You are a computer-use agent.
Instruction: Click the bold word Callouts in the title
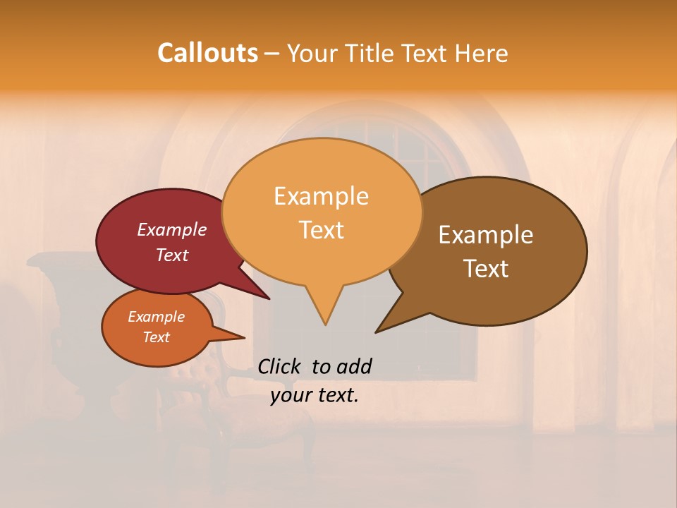pyautogui.click(x=207, y=53)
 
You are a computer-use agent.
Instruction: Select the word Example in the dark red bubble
pyautogui.click(x=172, y=229)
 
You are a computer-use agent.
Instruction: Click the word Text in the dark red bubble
pyautogui.click(x=172, y=255)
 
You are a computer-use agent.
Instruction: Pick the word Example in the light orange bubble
pyautogui.click(x=321, y=195)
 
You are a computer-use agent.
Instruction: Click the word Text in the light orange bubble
pyautogui.click(x=321, y=230)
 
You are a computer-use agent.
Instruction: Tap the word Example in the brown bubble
pyautogui.click(x=486, y=234)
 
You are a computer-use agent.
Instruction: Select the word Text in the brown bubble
pyautogui.click(x=486, y=269)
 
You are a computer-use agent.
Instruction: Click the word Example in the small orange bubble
pyautogui.click(x=156, y=317)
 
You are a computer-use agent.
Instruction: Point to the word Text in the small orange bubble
pyautogui.click(x=156, y=337)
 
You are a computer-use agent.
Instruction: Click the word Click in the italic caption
pyautogui.click(x=281, y=366)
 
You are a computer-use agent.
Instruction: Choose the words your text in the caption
pyautogui.click(x=315, y=395)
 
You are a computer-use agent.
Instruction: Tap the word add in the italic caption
pyautogui.click(x=354, y=366)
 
